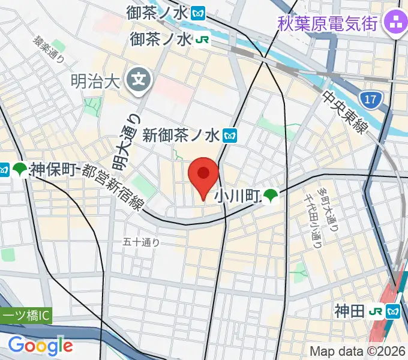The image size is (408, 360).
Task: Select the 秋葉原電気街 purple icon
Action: [x=395, y=24]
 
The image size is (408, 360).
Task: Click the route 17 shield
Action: [x=373, y=100]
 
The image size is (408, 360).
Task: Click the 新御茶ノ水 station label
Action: [x=182, y=135]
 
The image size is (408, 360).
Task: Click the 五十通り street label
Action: [x=142, y=242]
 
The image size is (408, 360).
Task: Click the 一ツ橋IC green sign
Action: [x=27, y=316]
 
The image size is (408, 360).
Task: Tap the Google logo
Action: [x=40, y=345]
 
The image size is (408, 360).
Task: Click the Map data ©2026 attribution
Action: [x=358, y=351]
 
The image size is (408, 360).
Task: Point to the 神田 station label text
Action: [x=349, y=311]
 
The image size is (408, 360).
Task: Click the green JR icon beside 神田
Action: [x=376, y=311]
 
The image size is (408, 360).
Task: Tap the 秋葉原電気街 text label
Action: [x=328, y=24]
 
